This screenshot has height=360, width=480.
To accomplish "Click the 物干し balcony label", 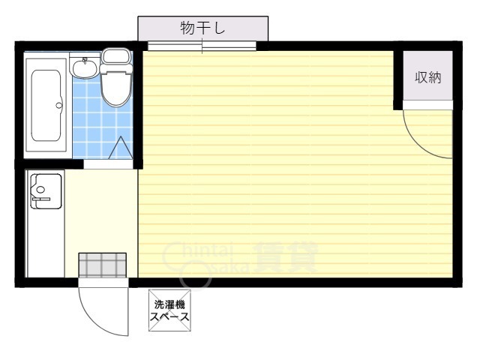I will pos(202,28).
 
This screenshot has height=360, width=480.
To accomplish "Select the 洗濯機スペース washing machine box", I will pos(169,310).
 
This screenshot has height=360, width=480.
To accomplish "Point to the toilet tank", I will pos(115,56).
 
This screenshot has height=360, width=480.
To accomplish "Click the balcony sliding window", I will pos(202,46).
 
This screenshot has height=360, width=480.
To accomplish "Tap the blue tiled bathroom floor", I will pos(90,120).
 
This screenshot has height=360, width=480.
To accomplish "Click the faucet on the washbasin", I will pos(85,60).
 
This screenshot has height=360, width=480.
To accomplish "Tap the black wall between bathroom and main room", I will pos(138,105).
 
